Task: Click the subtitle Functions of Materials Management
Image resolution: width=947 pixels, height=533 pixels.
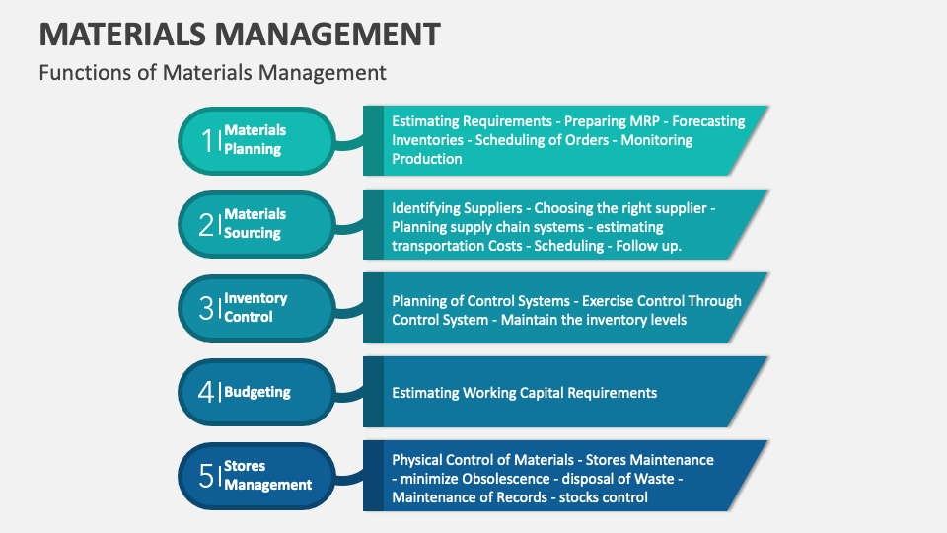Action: pos(212,72)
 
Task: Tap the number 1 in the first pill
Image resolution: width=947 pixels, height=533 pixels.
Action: pos(207,140)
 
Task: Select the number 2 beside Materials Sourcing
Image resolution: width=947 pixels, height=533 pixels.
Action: pos(206,224)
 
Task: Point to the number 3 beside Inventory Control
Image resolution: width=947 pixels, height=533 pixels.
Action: pos(206,308)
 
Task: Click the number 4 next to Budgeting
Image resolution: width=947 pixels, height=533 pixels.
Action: pos(206,392)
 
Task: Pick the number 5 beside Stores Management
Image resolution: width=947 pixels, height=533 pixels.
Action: pos(206,476)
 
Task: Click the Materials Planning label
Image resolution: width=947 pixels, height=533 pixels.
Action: pos(255,140)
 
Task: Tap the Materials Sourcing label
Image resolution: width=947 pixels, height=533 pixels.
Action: pos(255,224)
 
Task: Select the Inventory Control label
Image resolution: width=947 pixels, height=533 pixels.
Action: pos(255,308)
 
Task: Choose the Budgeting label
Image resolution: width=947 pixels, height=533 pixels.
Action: pos(257,392)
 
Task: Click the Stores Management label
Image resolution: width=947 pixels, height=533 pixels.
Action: pos(267,476)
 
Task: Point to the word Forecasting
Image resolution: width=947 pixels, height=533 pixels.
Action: pos(708,121)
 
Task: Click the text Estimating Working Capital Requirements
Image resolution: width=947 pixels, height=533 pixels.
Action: pos(524,393)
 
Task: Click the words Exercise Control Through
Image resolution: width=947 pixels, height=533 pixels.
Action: pos(662,301)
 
